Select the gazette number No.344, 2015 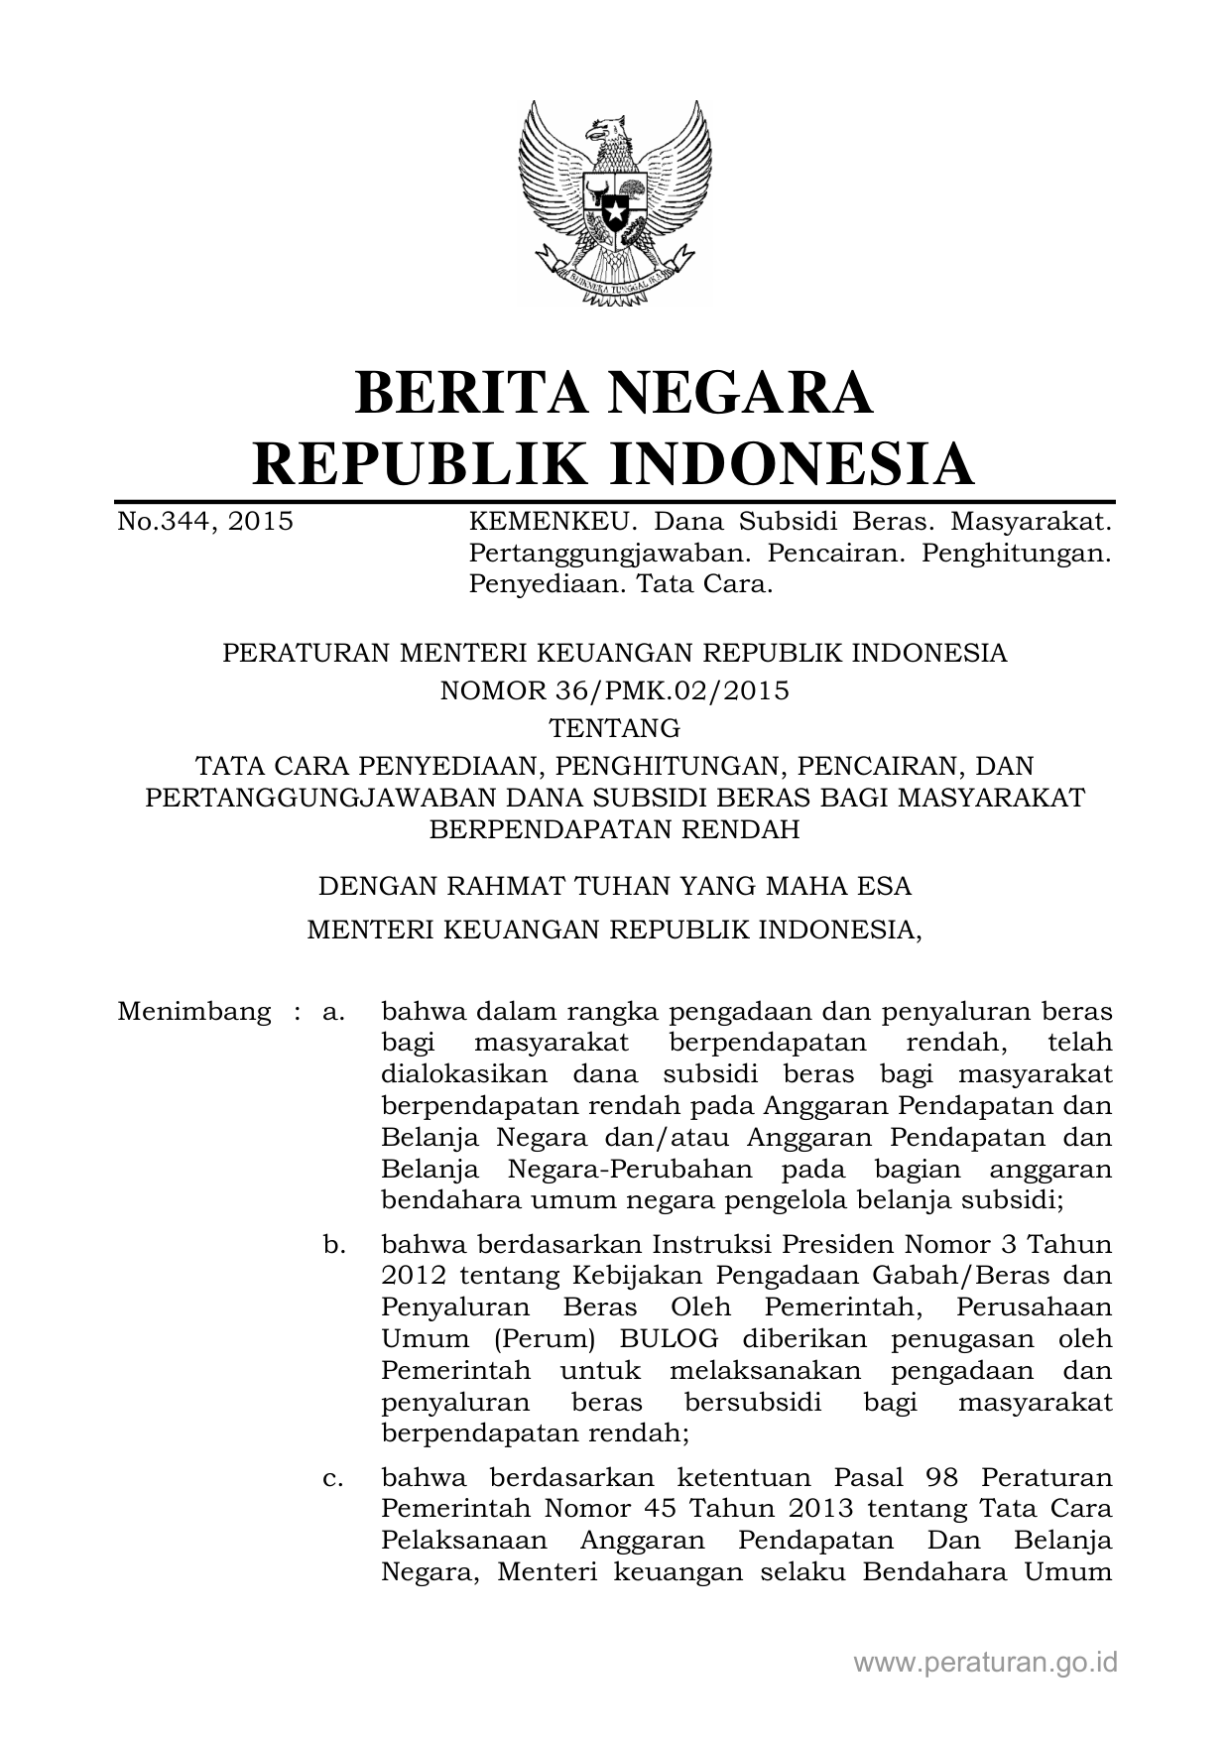205,521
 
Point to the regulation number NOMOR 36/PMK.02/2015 615,690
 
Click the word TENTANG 615,729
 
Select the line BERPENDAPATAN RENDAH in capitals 615,829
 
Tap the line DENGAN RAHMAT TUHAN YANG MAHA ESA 615,885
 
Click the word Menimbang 194,1012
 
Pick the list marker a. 333,1013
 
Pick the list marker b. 333,1244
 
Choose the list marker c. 333,1478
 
